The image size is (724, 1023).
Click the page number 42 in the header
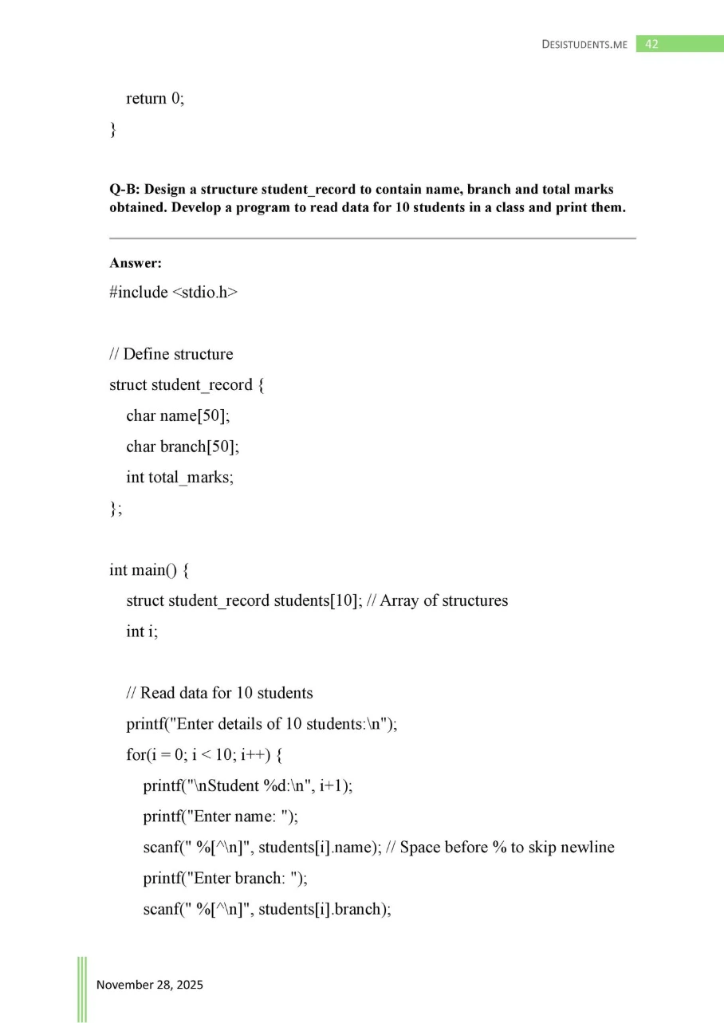point(651,45)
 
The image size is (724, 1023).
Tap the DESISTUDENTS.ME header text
point(584,45)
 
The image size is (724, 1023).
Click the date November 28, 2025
point(150,985)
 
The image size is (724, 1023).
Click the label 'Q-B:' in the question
point(124,190)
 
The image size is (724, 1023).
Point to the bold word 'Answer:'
point(136,263)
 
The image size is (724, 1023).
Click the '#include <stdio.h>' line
point(174,293)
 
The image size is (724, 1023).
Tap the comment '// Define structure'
point(171,354)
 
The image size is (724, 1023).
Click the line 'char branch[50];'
point(183,447)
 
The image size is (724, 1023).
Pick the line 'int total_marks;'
point(179,478)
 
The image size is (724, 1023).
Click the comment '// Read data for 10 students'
point(219,693)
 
